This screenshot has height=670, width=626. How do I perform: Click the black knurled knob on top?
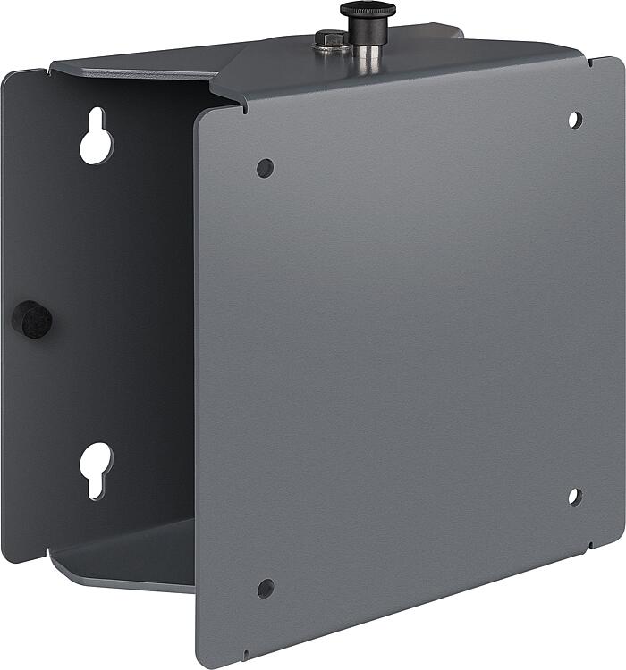pos(368,11)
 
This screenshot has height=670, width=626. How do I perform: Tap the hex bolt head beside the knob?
pos(331,38)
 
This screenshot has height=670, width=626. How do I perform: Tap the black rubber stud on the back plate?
pos(32,319)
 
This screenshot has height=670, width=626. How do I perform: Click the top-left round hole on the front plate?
pos(265,168)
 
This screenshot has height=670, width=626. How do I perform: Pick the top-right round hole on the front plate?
pos(575,119)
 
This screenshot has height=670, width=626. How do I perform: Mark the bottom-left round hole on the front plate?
pos(266,588)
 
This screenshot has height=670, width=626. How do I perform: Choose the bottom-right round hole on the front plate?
pos(575,497)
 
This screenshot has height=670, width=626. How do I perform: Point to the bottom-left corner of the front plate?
pos(200,662)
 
